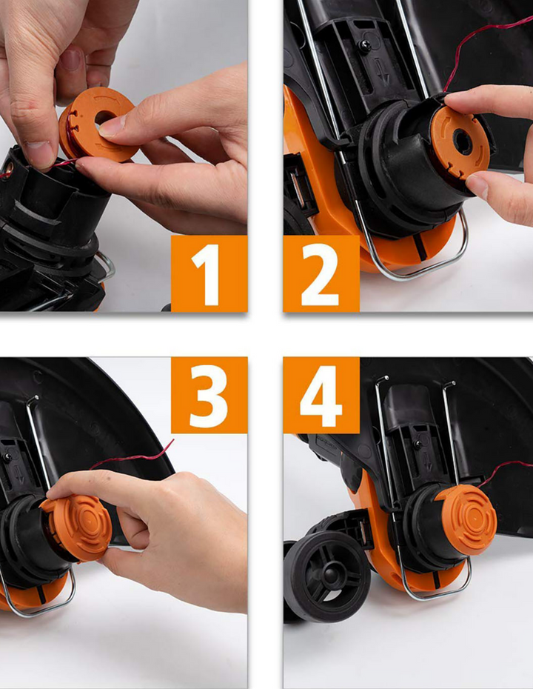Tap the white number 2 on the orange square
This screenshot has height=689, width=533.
tap(320, 275)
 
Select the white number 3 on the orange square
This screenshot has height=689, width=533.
tap(209, 396)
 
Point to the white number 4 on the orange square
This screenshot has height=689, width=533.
tap(321, 396)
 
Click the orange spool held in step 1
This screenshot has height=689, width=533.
tap(96, 124)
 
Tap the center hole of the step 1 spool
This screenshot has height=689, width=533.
tap(105, 117)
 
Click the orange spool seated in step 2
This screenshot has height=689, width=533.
tap(459, 143)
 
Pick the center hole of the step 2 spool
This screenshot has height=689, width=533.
tap(463, 142)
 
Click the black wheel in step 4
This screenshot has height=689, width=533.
tap(326, 576)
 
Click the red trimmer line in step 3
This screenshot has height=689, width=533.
tap(132, 457)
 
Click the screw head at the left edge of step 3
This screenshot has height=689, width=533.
tap(7, 457)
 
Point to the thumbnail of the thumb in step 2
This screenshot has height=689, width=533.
tap(476, 185)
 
